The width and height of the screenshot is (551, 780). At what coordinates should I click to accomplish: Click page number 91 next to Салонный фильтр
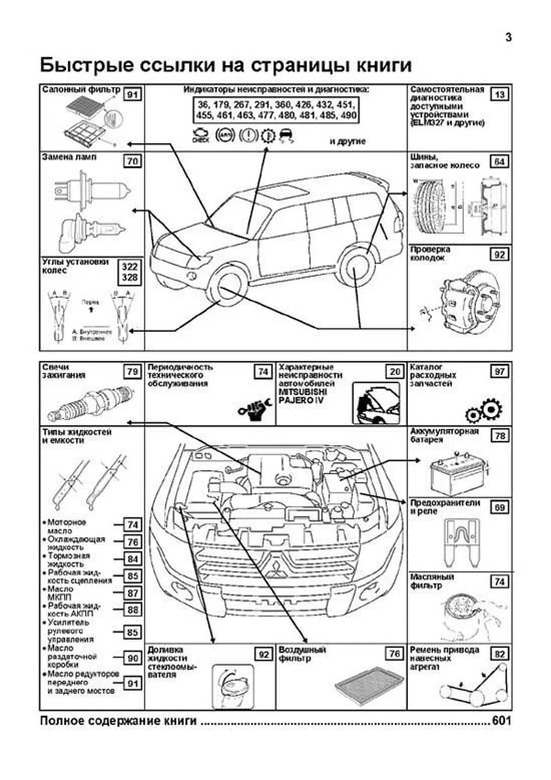pos(133,95)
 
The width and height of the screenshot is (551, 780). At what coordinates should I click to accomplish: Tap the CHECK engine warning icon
pos(201,136)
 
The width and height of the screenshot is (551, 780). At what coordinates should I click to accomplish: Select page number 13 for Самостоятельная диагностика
pos(500,95)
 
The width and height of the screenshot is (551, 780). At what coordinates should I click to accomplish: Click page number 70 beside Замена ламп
pos(133,161)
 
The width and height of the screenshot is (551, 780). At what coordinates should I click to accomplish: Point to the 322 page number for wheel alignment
pos(129,267)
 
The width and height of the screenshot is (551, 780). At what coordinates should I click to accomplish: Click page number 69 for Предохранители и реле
pos(500,507)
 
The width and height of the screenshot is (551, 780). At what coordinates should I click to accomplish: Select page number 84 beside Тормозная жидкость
pos(133,559)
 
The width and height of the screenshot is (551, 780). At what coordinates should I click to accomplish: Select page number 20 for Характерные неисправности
pos(395,371)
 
